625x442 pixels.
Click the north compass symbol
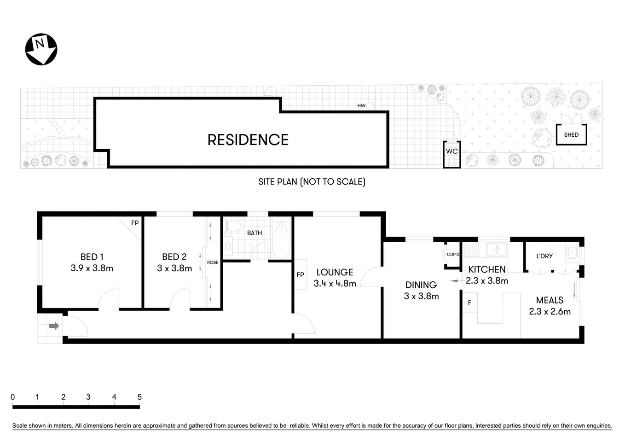[x=41, y=49]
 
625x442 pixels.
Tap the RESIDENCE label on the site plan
[x=248, y=140]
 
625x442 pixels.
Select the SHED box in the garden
[x=571, y=134]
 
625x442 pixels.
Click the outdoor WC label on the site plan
[x=451, y=151]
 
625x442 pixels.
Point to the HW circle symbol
[x=370, y=106]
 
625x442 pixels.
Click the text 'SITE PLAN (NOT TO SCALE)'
[x=312, y=182]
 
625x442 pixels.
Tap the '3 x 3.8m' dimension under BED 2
[x=174, y=268]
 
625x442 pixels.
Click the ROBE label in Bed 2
[x=212, y=262]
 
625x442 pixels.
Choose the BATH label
[x=255, y=233]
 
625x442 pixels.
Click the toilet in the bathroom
[x=233, y=226]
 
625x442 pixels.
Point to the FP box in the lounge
[x=301, y=275]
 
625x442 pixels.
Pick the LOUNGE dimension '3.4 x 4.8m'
[x=335, y=284]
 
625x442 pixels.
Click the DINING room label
[x=421, y=285]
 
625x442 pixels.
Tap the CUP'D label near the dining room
[x=453, y=255]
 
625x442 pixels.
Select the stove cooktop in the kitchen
[x=471, y=250]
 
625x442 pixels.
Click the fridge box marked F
[x=469, y=303]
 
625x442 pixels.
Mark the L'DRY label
[x=544, y=256]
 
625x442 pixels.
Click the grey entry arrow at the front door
[x=54, y=326]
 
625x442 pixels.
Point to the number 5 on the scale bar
[x=139, y=397]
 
